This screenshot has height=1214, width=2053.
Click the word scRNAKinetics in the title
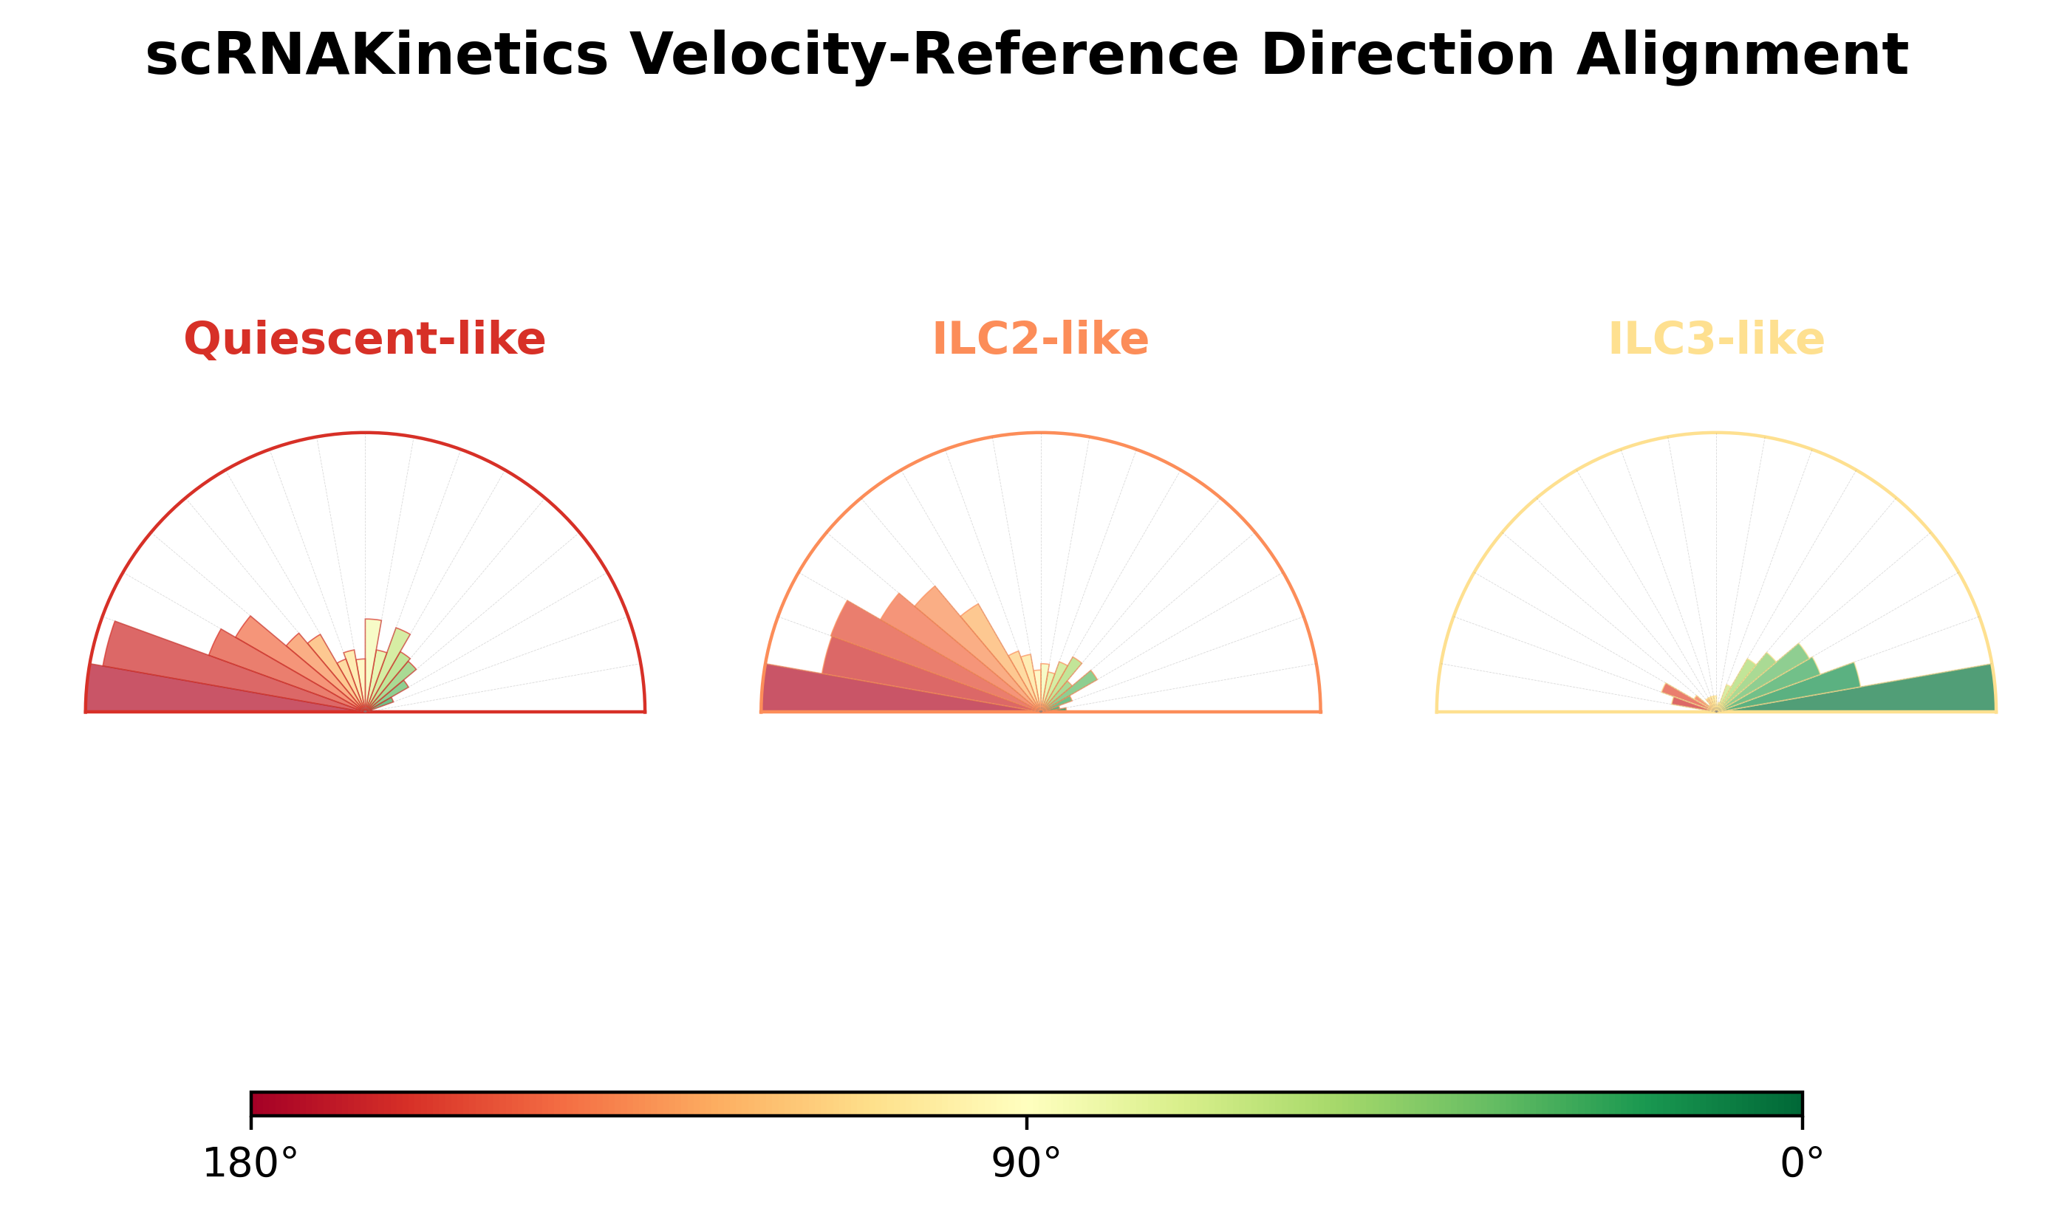pyautogui.click(x=377, y=55)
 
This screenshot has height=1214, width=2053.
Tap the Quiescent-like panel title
pyautogui.click(x=364, y=339)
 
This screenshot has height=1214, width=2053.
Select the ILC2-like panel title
pyautogui.click(x=1040, y=339)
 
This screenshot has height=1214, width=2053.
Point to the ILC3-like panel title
pyautogui.click(x=1716, y=339)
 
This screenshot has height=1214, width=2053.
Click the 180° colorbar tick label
pyautogui.click(x=250, y=1164)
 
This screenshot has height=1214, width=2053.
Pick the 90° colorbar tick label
pyautogui.click(x=1026, y=1164)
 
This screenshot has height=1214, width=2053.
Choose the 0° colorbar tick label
pyautogui.click(x=1802, y=1164)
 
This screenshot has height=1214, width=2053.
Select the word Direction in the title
pyautogui.click(x=1407, y=55)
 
